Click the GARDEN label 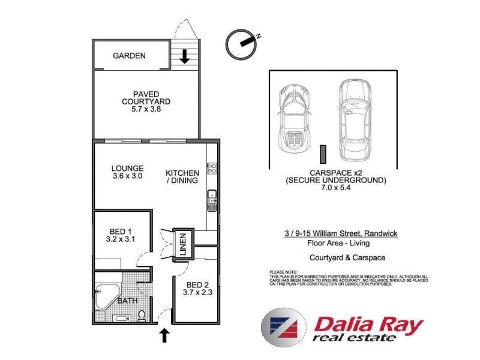pos(129,56)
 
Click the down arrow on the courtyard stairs pos(185,57)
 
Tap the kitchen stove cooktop pos(211,167)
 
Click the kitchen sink pos(211,200)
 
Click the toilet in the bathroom pos(142,314)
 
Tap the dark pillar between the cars pos(323,154)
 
